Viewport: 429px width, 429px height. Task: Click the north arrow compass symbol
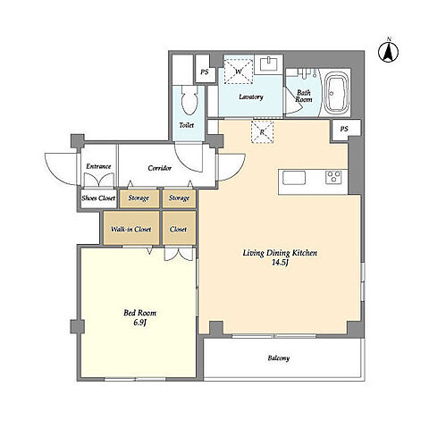[x=389, y=52]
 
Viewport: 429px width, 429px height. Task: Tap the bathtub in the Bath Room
[x=336, y=92]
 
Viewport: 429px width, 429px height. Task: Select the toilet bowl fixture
[x=189, y=100]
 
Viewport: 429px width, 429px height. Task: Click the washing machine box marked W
[x=239, y=71]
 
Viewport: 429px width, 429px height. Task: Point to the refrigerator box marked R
[x=262, y=132]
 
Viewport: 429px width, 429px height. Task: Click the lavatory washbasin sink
[x=269, y=63]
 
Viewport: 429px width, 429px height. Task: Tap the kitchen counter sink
[x=294, y=178]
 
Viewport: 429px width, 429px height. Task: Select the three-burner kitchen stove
[x=335, y=177]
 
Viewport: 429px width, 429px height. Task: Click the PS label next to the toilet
[x=205, y=72]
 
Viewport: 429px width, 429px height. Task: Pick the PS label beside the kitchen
[x=344, y=129]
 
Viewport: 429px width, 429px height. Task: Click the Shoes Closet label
[x=98, y=198]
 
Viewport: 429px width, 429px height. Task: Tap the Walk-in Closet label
[x=131, y=229]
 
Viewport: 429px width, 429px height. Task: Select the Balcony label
[x=279, y=358]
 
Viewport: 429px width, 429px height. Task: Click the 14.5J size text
[x=281, y=263]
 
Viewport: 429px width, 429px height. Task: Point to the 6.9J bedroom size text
[x=139, y=323]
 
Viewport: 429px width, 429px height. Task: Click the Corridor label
[x=160, y=168]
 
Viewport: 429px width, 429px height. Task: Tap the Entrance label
[x=98, y=166]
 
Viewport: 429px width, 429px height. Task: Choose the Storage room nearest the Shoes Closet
[x=139, y=198]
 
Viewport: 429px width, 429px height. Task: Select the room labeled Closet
[x=179, y=228]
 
